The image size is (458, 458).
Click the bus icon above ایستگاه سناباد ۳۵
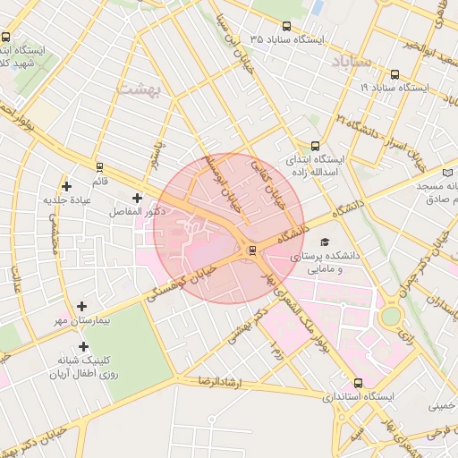coord(286,26)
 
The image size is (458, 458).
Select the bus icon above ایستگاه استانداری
coord(359,383)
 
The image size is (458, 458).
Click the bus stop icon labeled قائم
coord(99,166)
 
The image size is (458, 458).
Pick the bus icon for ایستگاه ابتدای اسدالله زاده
coord(315,146)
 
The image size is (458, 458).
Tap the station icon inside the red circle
coord(251,250)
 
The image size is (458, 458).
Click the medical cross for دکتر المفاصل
coord(137,198)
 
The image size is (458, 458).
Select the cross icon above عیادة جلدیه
coord(67,186)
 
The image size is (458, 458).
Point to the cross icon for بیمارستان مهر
coord(82,306)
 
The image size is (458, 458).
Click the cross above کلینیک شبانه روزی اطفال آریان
coord(83,346)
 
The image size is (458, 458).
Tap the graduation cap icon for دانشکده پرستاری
coord(324,242)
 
